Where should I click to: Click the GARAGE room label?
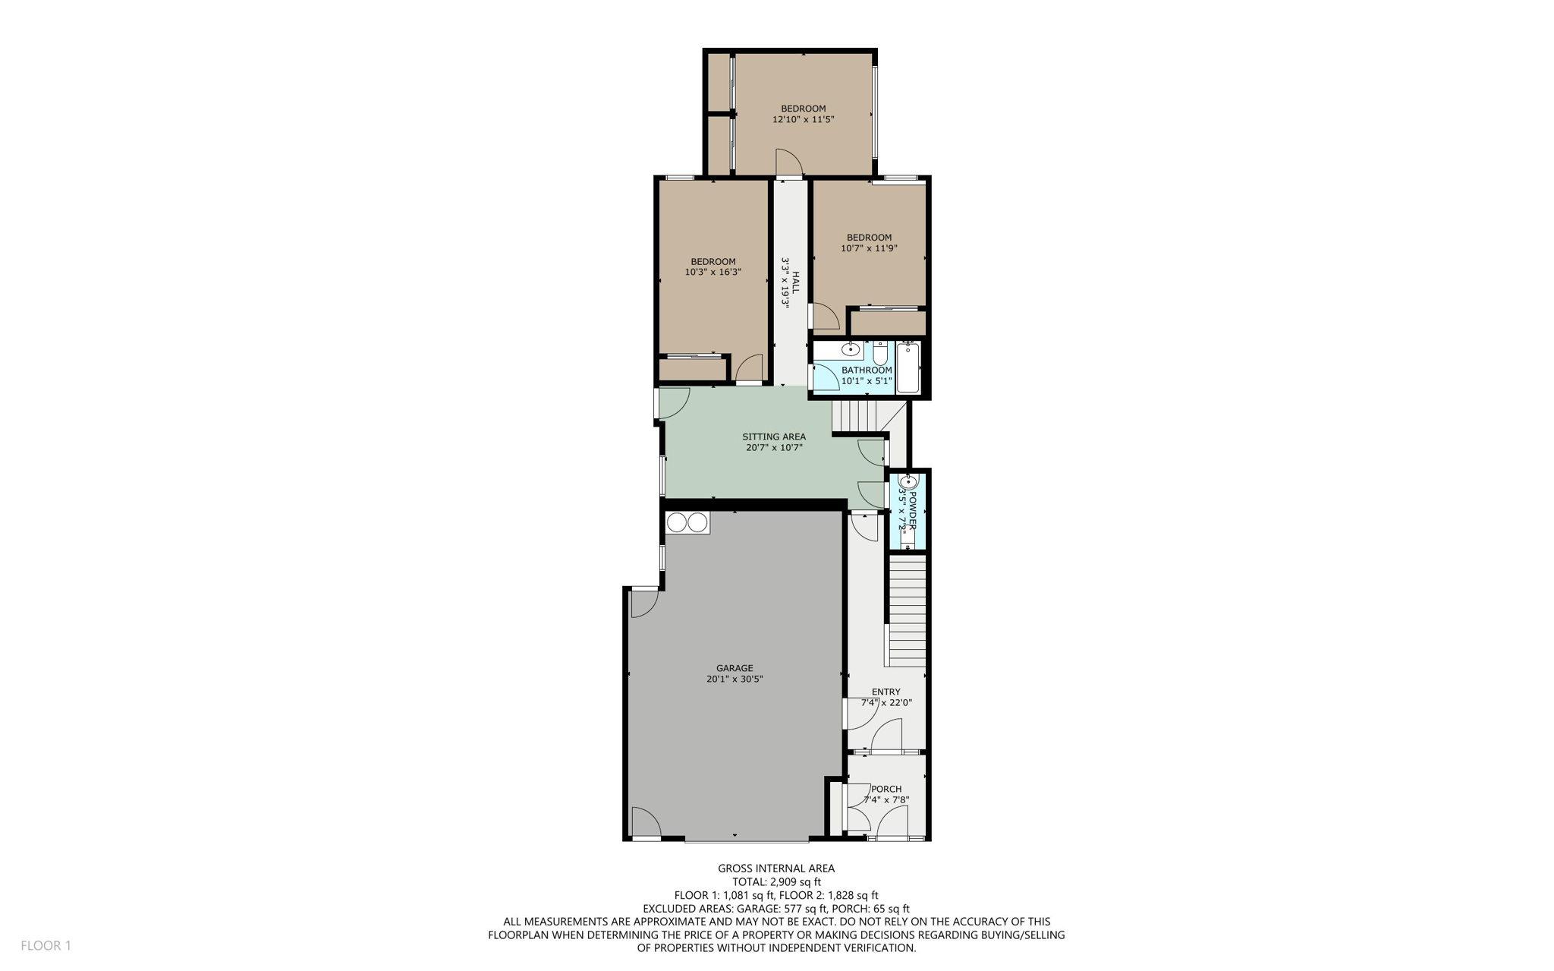tap(734, 668)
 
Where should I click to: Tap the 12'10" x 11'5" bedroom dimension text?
tap(803, 119)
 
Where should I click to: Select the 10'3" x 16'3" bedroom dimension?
tap(713, 272)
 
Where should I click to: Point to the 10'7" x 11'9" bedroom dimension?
tap(869, 247)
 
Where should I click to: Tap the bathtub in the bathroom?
tap(908, 368)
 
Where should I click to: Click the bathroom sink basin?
tap(851, 350)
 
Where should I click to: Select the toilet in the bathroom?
tap(879, 353)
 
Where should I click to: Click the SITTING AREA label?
tap(773, 437)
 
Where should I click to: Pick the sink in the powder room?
tap(908, 482)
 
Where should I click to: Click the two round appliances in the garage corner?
tap(687, 522)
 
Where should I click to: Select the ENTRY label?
tap(886, 692)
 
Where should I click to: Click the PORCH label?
tap(886, 789)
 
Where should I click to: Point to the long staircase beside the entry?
tap(907, 611)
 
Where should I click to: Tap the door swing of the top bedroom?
tap(788, 162)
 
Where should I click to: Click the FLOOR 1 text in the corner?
tap(46, 945)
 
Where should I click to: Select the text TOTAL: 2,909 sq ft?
tap(776, 881)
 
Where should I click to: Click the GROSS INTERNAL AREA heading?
tap(776, 868)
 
